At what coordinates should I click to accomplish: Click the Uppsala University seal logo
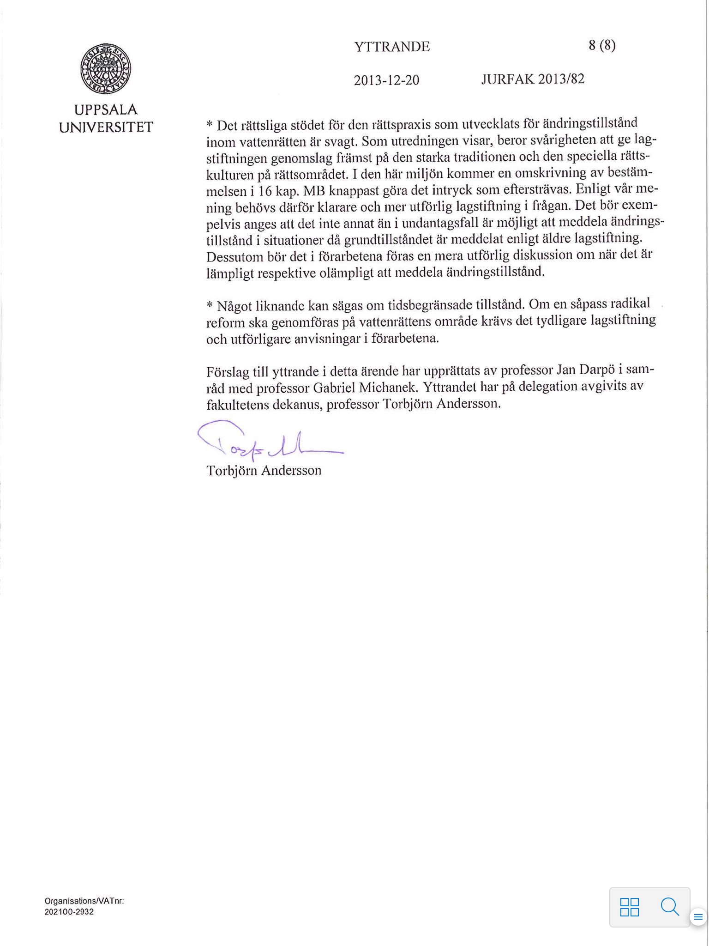[106, 69]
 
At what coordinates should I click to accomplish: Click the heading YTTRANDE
[392, 47]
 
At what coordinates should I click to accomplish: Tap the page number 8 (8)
[602, 45]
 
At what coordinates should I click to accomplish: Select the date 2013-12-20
[386, 80]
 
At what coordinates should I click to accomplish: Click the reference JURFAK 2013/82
[533, 79]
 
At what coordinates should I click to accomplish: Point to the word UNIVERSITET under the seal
[106, 127]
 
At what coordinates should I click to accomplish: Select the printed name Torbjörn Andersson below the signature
[264, 471]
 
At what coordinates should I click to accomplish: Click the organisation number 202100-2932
[69, 912]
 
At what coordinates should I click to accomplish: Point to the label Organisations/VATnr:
[84, 901]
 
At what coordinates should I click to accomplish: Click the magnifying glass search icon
[670, 906]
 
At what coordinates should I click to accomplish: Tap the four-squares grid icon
[629, 907]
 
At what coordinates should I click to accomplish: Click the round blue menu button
[698, 916]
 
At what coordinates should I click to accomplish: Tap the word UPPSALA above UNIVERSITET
[106, 110]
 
